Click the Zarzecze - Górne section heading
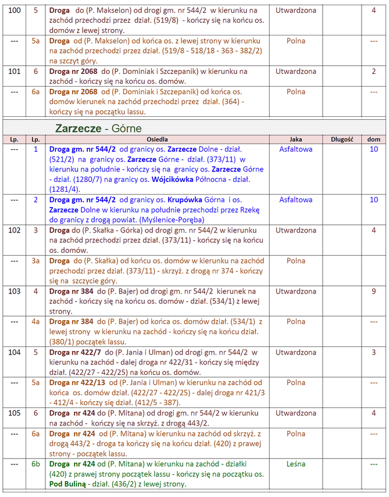coord(98,127)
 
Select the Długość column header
coord(342,140)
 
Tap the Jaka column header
coord(295,140)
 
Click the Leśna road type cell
coord(296,464)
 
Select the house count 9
coord(374,291)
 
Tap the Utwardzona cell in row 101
coord(296,71)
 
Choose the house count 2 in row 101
coord(374,71)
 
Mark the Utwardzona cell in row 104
coord(296,352)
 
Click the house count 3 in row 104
coord(374,352)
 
